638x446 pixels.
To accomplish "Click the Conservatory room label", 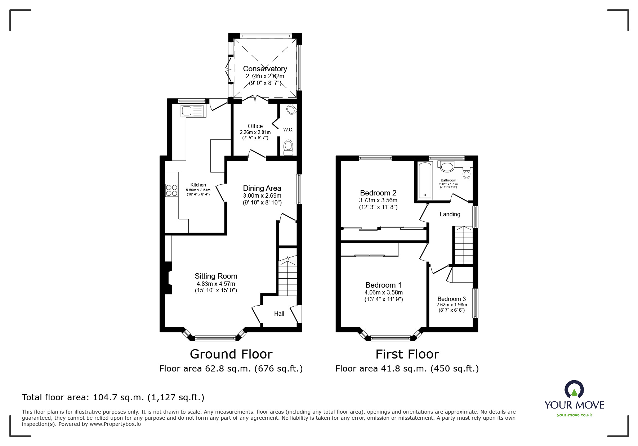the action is tap(265, 69).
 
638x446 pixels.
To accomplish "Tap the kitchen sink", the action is tap(192, 111).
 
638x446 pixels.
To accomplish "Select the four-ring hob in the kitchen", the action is tap(171, 190).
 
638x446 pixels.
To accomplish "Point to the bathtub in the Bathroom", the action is tap(425, 181).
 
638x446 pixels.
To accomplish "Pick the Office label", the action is tap(255, 126).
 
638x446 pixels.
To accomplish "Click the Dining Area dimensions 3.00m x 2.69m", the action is tap(262, 195).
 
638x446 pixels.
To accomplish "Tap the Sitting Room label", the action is tap(216, 276).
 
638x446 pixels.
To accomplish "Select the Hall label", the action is tap(279, 314).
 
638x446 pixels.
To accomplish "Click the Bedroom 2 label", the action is tap(378, 193).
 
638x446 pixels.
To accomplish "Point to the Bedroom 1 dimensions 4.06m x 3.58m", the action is tap(384, 293).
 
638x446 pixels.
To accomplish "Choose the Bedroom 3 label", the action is tap(451, 299).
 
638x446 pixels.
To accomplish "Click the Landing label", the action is tap(450, 214).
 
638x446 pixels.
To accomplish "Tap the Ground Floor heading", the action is tap(231, 354).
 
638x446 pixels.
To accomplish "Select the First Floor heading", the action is tap(407, 354).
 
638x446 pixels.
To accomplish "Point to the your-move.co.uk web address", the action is tap(574, 415).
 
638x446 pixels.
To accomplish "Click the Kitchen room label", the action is tap(198, 185).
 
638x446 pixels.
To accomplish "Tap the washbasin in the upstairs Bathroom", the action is tap(447, 166).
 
